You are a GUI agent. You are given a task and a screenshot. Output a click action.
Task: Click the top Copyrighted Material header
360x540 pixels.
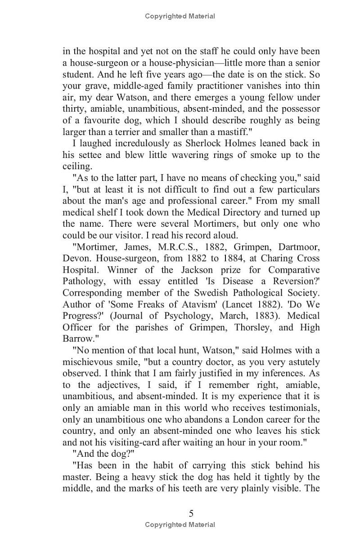[x=180, y=16]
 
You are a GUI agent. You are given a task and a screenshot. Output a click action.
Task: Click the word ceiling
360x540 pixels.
[x=76, y=166]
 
